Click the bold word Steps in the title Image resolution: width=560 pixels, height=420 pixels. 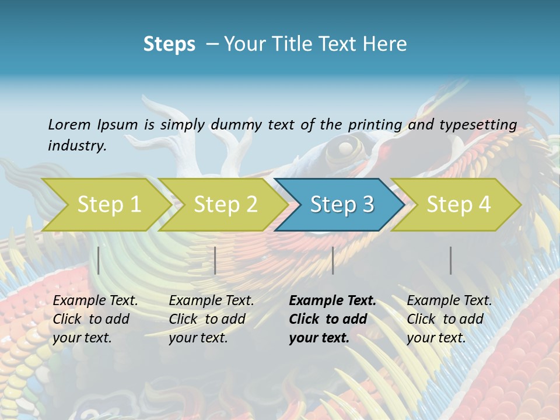(x=169, y=44)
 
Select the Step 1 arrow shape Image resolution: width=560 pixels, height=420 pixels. (x=108, y=204)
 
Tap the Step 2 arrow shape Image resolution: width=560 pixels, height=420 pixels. (x=225, y=204)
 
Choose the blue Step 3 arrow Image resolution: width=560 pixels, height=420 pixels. (x=342, y=204)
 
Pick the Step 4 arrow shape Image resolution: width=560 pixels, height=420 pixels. (x=459, y=204)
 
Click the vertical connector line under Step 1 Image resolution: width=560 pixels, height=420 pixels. (x=99, y=260)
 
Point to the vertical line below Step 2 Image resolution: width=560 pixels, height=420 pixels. (x=215, y=260)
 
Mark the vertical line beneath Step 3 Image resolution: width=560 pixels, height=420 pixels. (x=333, y=260)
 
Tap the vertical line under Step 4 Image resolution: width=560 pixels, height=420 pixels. (x=451, y=260)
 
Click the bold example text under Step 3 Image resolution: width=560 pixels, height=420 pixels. (x=332, y=319)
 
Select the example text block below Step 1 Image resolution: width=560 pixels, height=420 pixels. (x=95, y=319)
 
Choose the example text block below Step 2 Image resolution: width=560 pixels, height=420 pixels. (x=211, y=319)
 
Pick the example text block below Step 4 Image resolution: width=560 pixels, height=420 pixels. (x=449, y=319)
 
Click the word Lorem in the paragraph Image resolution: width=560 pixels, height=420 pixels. (x=69, y=124)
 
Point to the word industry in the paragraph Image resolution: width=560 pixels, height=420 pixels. (x=77, y=145)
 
